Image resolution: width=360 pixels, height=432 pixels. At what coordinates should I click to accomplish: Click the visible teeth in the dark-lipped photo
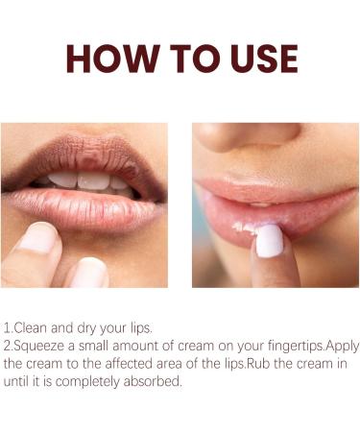(x=88, y=182)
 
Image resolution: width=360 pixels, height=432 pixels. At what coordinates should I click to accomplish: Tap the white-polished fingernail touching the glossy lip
(x=270, y=240)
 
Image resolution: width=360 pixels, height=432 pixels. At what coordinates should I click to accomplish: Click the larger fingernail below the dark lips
(x=36, y=238)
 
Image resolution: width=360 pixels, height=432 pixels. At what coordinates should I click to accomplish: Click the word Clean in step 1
(x=31, y=328)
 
